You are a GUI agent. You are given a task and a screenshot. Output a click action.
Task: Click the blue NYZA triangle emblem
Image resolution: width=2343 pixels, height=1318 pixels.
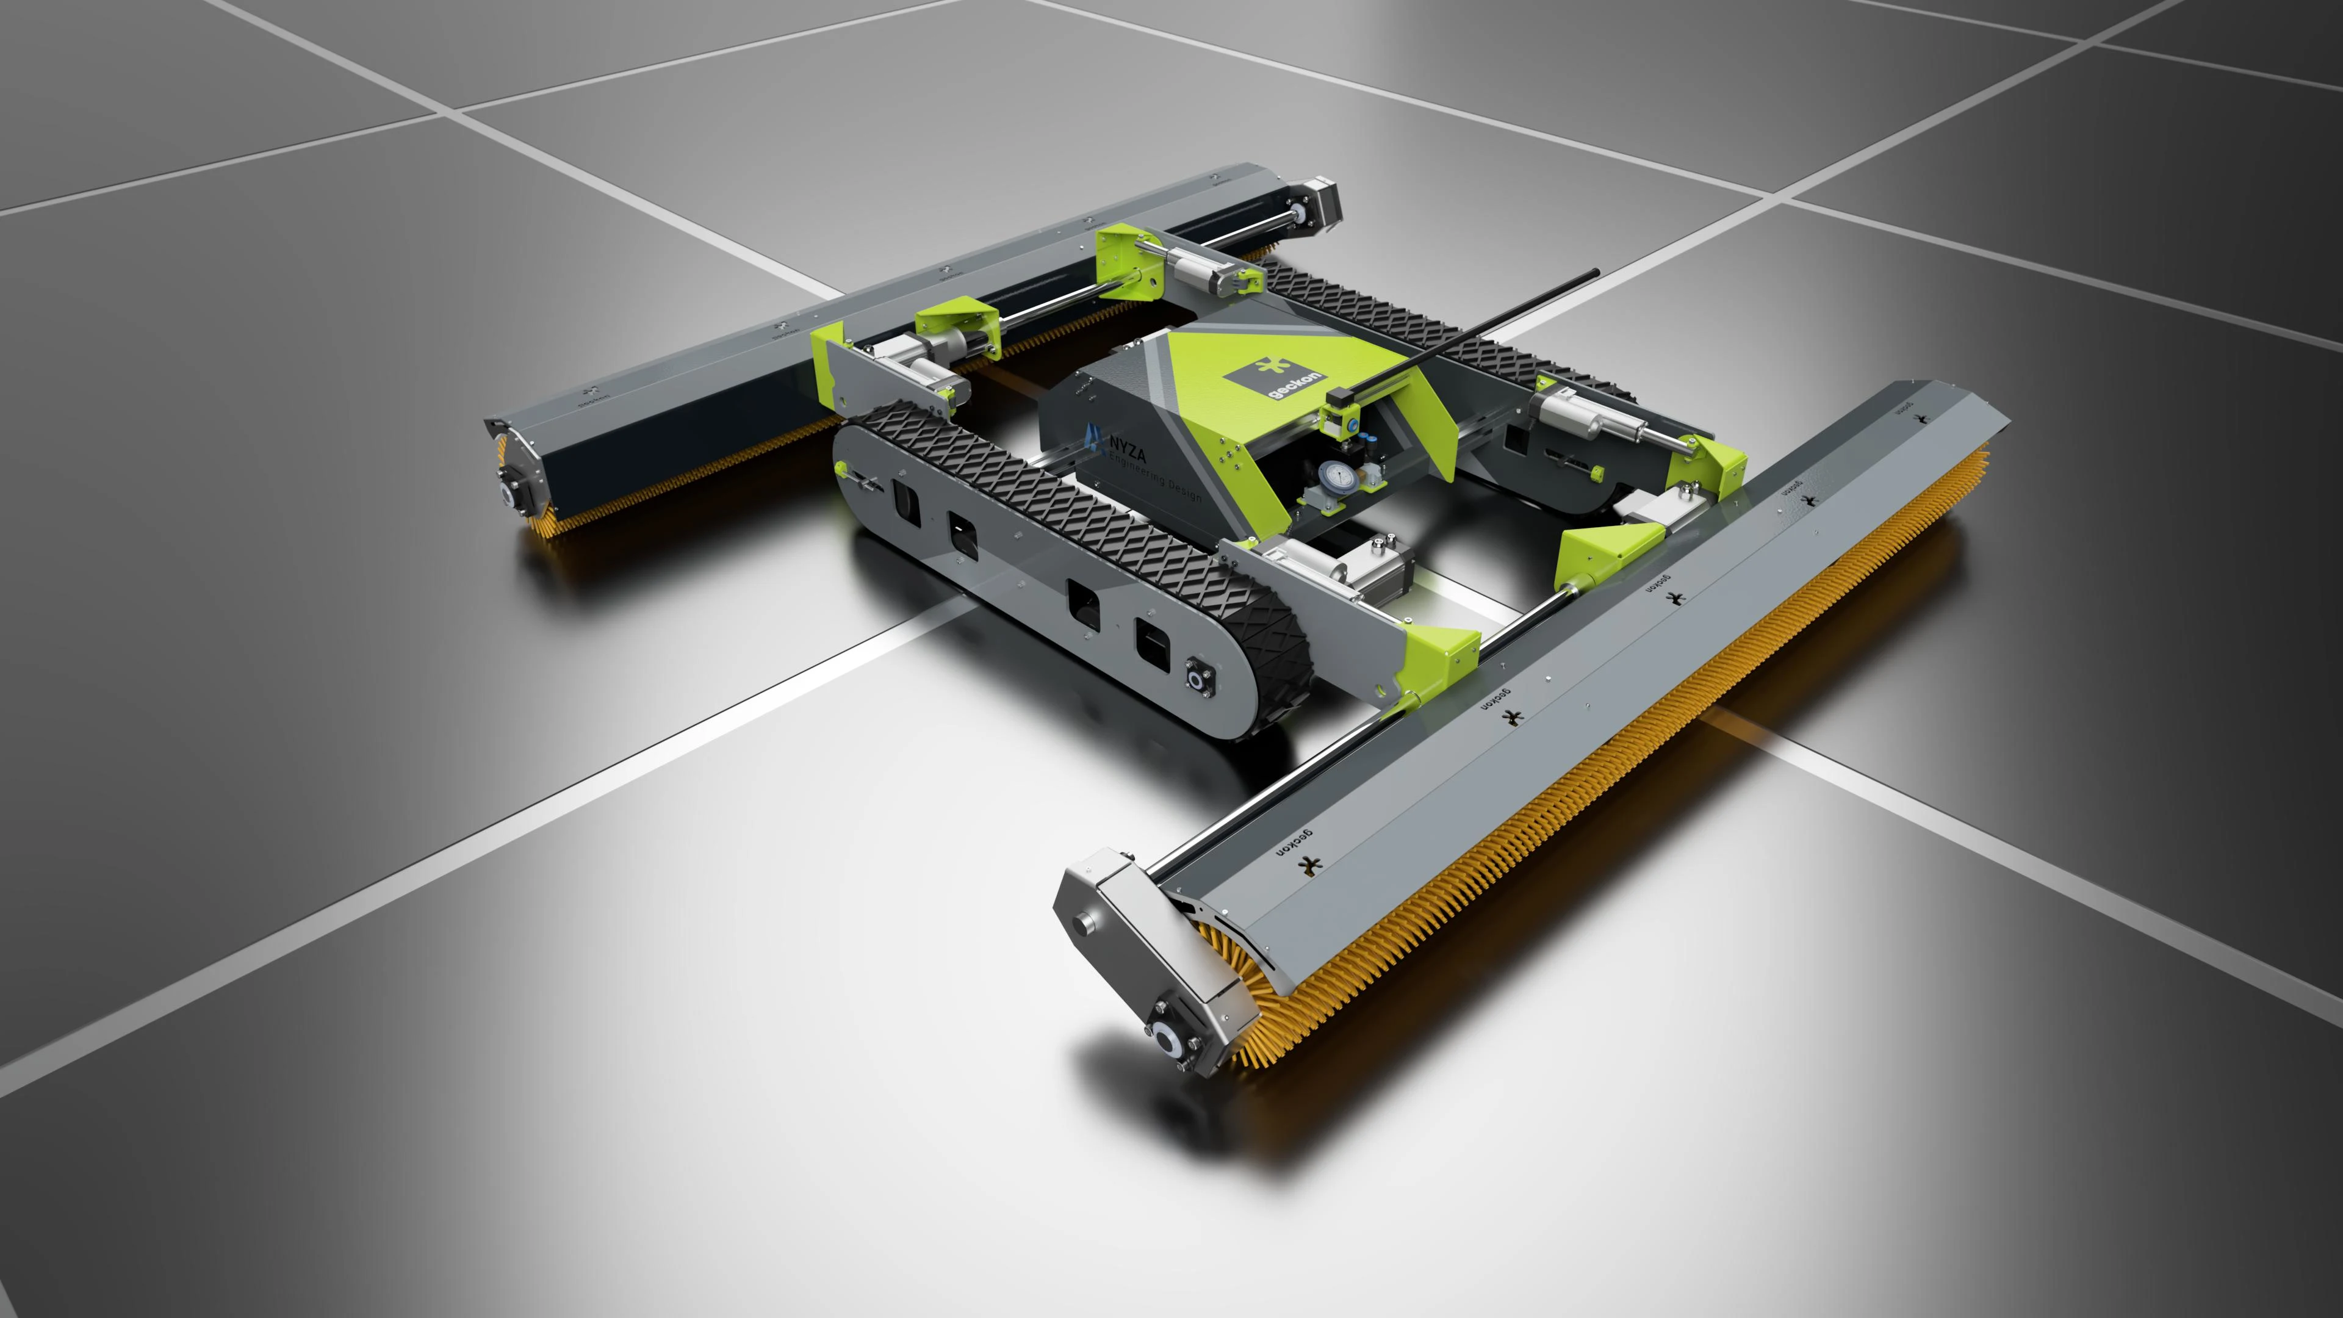click(x=1092, y=438)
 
